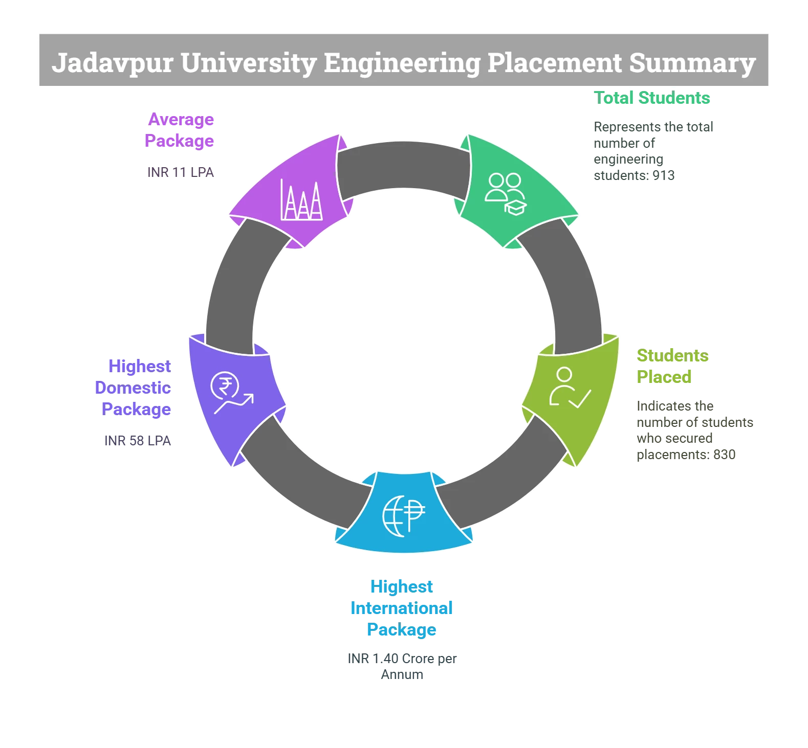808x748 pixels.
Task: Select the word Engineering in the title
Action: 402,63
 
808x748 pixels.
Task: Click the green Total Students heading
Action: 652,98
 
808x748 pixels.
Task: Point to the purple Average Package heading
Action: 180,129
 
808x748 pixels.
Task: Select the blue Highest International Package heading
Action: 401,608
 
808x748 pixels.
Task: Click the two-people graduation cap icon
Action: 506,194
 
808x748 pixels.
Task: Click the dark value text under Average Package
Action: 181,172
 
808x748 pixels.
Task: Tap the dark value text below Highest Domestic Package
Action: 137,440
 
